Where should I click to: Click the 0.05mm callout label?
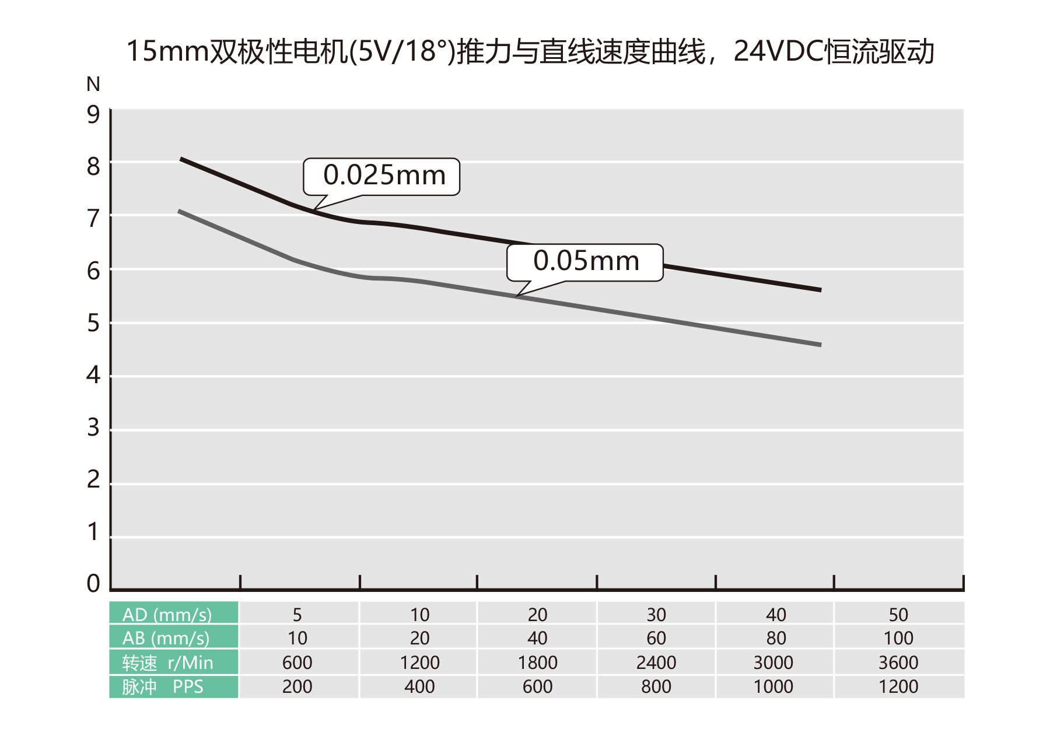click(x=586, y=261)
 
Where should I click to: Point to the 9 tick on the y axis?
click(x=93, y=115)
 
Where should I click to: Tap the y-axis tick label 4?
click(x=93, y=375)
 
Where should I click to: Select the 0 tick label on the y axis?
click(x=93, y=584)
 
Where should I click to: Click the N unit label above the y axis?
click(x=93, y=85)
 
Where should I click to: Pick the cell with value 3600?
click(x=898, y=663)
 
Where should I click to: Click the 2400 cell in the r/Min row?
click(x=656, y=663)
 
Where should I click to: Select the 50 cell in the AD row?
click(x=898, y=614)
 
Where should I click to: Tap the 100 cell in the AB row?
click(x=898, y=638)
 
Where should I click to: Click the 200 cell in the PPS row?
click(x=297, y=686)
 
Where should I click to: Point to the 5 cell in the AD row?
click(x=297, y=614)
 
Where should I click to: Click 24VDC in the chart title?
click(x=778, y=51)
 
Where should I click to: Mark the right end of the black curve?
click(x=820, y=290)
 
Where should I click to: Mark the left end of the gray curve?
click(x=180, y=211)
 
